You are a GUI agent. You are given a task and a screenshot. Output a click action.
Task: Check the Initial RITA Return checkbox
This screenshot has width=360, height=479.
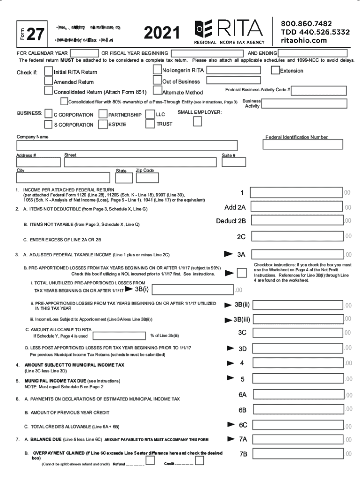[x=49, y=71]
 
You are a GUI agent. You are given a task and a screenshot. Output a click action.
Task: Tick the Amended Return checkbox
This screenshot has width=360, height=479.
[x=49, y=81]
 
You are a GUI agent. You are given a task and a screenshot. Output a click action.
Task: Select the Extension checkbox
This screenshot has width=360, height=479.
[x=276, y=71]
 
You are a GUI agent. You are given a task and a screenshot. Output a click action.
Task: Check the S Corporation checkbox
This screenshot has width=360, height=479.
[x=48, y=124]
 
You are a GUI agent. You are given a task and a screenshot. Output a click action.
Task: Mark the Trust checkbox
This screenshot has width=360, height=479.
[x=150, y=124]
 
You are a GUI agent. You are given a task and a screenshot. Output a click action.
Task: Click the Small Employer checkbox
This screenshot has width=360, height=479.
[x=198, y=121]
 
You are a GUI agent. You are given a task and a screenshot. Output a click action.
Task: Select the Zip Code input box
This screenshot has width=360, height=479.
[x=147, y=178]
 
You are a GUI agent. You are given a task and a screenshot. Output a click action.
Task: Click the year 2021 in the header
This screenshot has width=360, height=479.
[x=162, y=33]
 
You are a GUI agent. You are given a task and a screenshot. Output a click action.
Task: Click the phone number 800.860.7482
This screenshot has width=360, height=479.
[x=306, y=23]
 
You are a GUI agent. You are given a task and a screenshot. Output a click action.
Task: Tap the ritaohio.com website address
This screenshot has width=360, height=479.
[x=304, y=41]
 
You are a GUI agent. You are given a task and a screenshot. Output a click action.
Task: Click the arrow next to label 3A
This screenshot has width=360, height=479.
[x=228, y=254]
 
